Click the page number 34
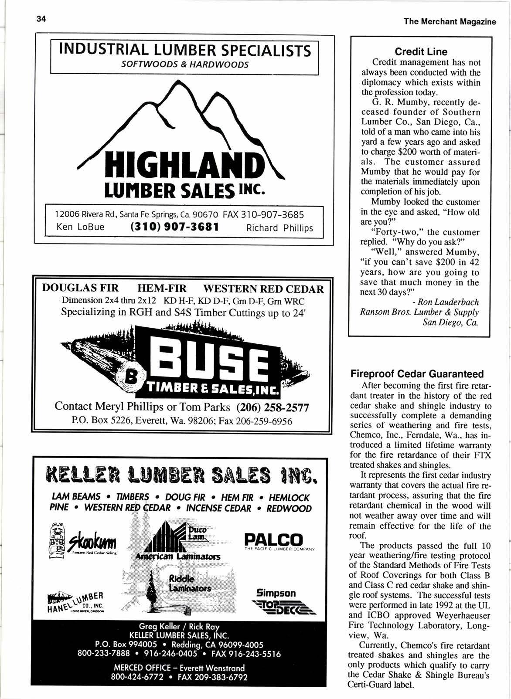tap(41, 19)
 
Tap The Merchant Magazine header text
tap(450, 21)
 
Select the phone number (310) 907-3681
tap(174, 227)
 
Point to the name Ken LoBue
tap(80, 227)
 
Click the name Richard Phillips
tap(279, 228)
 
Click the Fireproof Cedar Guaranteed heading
tap(417, 374)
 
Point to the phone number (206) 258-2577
tap(272, 407)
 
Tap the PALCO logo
tap(273, 540)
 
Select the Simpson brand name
tap(276, 593)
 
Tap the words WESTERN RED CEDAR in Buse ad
tap(264, 289)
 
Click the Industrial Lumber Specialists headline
tap(185, 51)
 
